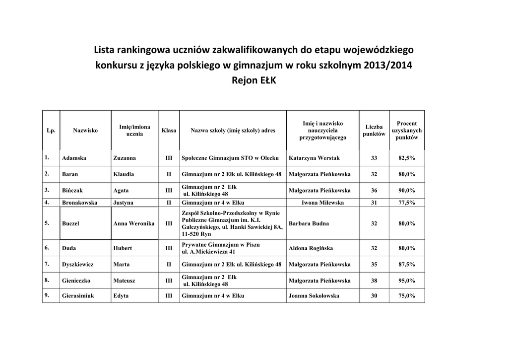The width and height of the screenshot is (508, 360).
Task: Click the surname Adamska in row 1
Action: [x=74, y=158]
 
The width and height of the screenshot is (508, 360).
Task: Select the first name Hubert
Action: [x=123, y=248]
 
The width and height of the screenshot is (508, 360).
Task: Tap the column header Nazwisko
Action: [x=85, y=131]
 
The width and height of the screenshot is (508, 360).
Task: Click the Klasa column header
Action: [x=169, y=131]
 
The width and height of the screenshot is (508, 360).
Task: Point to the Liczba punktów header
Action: [x=374, y=131]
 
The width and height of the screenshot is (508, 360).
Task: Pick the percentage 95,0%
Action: [x=406, y=281]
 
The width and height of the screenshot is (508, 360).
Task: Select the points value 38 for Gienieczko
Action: [x=374, y=281]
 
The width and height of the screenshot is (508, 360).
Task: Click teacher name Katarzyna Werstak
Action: [x=314, y=158]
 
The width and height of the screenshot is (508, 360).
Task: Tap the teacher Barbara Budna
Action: [x=309, y=223]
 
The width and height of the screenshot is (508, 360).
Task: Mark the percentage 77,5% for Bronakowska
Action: [x=406, y=203]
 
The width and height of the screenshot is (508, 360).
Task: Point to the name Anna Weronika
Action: [x=134, y=223]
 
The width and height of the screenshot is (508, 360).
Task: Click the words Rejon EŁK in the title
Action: [x=254, y=80]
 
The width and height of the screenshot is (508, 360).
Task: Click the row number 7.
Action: [x=47, y=264]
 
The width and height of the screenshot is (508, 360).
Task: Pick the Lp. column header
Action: [x=51, y=131]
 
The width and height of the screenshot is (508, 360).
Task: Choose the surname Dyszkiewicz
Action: [x=78, y=264]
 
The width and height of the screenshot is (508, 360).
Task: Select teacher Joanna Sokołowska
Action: [x=314, y=296]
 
